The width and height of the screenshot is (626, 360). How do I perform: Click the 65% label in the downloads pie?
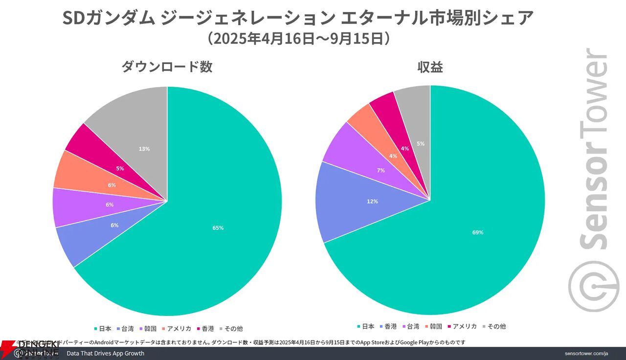[218, 228]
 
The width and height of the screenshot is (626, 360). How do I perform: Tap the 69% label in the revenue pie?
[477, 232]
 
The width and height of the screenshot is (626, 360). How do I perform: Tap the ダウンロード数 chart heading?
[167, 67]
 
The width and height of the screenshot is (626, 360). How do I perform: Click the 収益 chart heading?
[430, 67]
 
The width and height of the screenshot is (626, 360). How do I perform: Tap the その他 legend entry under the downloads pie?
[233, 329]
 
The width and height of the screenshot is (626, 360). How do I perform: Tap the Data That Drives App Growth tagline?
[105, 353]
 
